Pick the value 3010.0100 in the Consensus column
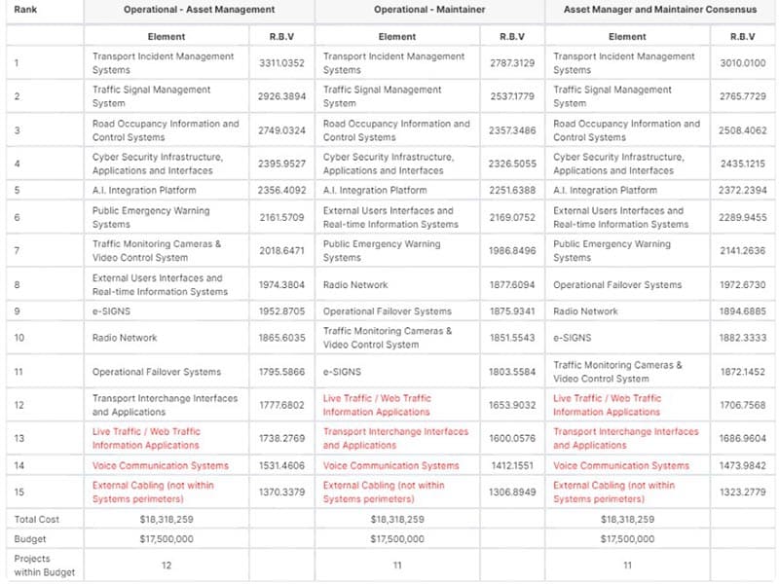[x=742, y=63]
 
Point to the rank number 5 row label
[x=18, y=190]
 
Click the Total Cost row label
[x=36, y=519]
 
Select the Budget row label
[x=29, y=537]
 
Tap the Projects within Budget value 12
[x=165, y=565]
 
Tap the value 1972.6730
[x=742, y=285]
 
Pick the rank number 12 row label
[x=19, y=405]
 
